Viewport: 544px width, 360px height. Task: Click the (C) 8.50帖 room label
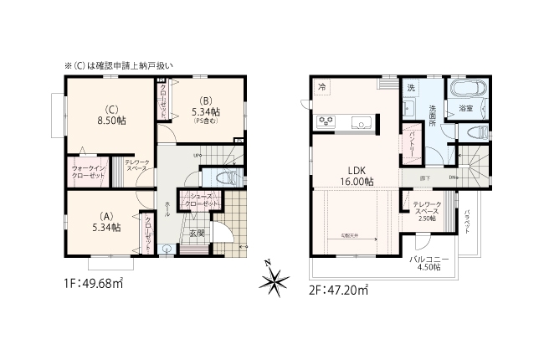[110, 114]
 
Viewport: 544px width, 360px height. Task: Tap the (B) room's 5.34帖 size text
[205, 111]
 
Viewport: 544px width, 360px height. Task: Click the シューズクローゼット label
[203, 200]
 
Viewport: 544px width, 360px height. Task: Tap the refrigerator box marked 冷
[322, 88]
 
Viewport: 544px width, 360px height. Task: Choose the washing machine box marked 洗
[411, 88]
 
